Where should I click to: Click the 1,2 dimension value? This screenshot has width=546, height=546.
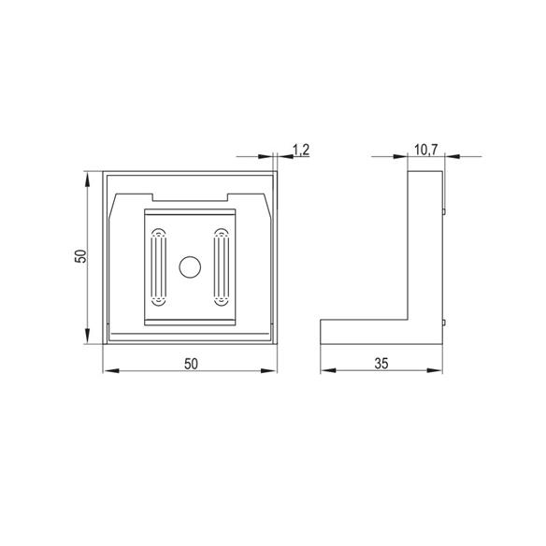coord(301,150)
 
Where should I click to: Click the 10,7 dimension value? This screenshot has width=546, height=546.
coord(425,150)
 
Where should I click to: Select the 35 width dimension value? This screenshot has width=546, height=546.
coord(381,364)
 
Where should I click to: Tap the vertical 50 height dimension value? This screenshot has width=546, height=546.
coord(80,256)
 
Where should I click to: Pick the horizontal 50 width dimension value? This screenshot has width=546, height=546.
coord(191,364)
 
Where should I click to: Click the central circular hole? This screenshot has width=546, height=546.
coord(190,267)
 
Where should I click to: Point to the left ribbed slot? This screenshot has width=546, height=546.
coord(158,267)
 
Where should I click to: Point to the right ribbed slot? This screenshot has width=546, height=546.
coord(222,267)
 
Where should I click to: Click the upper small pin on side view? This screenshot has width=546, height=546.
coord(444,211)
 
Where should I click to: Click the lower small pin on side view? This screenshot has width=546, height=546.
coord(444,323)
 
